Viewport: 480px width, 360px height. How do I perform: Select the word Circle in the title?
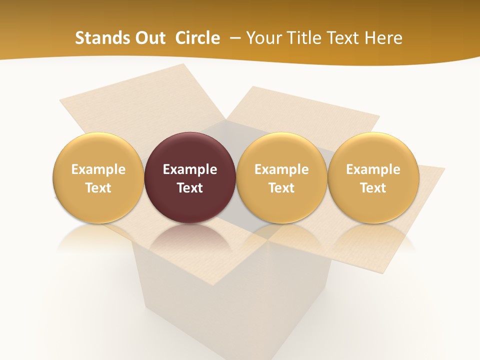(197, 38)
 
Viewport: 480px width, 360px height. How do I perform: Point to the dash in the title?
(233, 38)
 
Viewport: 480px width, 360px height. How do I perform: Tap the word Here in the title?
(383, 38)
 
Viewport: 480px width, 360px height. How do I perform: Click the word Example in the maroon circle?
(190, 169)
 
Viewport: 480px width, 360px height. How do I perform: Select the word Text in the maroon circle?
(190, 188)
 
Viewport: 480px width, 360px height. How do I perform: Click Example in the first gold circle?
(98, 169)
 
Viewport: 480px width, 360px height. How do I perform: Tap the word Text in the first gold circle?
(98, 188)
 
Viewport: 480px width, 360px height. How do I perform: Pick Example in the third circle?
(281, 169)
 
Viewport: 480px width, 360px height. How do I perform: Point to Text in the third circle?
(281, 188)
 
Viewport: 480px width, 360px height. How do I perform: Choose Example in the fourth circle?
(373, 169)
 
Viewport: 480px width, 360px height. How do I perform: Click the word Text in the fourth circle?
(373, 188)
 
